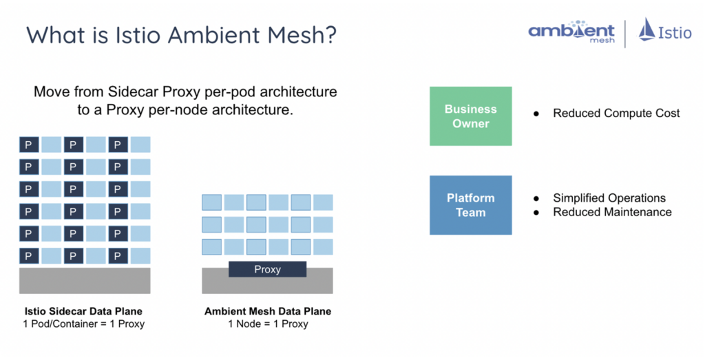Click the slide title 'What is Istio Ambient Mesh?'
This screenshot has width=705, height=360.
(x=181, y=34)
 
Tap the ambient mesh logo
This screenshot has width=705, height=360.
(x=571, y=32)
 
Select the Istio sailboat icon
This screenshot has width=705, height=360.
(x=646, y=30)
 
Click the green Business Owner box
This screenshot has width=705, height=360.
(x=471, y=116)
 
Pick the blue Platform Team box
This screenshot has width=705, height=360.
(x=471, y=205)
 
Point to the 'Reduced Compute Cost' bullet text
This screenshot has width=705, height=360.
(x=616, y=113)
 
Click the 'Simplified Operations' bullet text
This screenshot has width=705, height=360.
(x=609, y=198)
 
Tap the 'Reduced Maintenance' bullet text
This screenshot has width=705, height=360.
(x=612, y=212)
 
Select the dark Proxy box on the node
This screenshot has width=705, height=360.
(x=267, y=269)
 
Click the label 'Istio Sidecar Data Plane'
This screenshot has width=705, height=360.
(x=83, y=311)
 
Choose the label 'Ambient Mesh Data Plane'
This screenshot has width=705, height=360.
(x=268, y=311)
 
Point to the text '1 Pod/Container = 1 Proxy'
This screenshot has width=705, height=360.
(x=83, y=324)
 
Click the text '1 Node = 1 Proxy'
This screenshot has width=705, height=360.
(x=268, y=324)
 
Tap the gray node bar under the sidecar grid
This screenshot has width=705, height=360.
(x=85, y=281)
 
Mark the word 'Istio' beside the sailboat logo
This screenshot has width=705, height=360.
(x=675, y=33)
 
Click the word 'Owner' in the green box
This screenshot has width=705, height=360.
(x=471, y=124)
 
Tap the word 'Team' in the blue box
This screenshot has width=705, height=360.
(x=471, y=213)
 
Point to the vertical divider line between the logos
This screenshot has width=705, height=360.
(x=625, y=33)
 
